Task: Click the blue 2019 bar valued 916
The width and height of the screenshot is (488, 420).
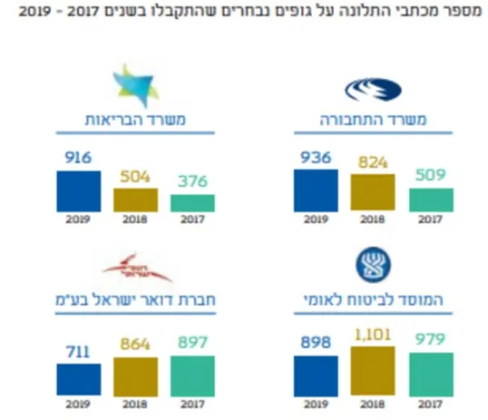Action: (x=79, y=190)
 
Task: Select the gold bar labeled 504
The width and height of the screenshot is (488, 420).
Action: (x=135, y=200)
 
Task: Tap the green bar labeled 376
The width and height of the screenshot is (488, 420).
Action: (x=192, y=202)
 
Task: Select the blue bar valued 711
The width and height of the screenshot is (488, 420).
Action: (x=79, y=379)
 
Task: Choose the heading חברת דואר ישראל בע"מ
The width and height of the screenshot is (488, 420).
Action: (x=136, y=300)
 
